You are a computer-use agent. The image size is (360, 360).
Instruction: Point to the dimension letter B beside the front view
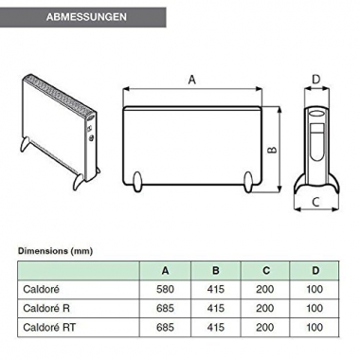click(270, 149)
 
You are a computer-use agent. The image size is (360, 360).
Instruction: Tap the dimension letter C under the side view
click(316, 203)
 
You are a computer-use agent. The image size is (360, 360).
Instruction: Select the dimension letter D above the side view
click(316, 80)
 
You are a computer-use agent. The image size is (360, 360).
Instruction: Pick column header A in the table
click(166, 271)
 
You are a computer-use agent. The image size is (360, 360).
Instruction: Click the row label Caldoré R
click(44, 308)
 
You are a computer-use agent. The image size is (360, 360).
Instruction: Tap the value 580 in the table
click(166, 290)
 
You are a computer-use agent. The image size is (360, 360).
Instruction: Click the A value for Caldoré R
click(166, 308)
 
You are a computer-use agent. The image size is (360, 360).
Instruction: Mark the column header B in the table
click(216, 271)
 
